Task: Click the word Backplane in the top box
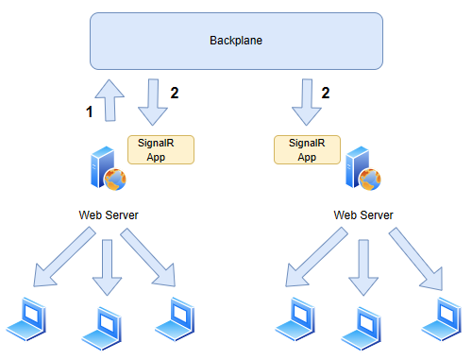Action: (235, 41)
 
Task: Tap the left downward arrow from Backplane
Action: (150, 102)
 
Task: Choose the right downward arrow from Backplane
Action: (305, 102)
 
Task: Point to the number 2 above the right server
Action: (326, 93)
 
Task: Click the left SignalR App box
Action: (161, 149)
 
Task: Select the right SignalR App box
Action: (307, 149)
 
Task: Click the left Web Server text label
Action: (109, 215)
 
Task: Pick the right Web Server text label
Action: (363, 215)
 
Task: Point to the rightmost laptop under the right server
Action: (441, 318)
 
